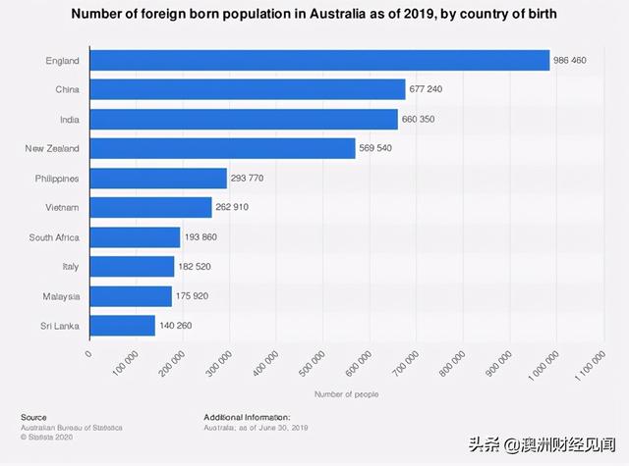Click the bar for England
click(x=319, y=61)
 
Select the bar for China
click(x=248, y=90)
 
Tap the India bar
click(x=244, y=120)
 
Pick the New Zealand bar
click(x=222, y=149)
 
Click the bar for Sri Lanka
click(x=122, y=326)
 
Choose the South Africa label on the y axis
click(x=54, y=237)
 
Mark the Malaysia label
click(x=59, y=296)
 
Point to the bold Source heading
click(x=33, y=417)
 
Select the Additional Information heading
click(x=247, y=417)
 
